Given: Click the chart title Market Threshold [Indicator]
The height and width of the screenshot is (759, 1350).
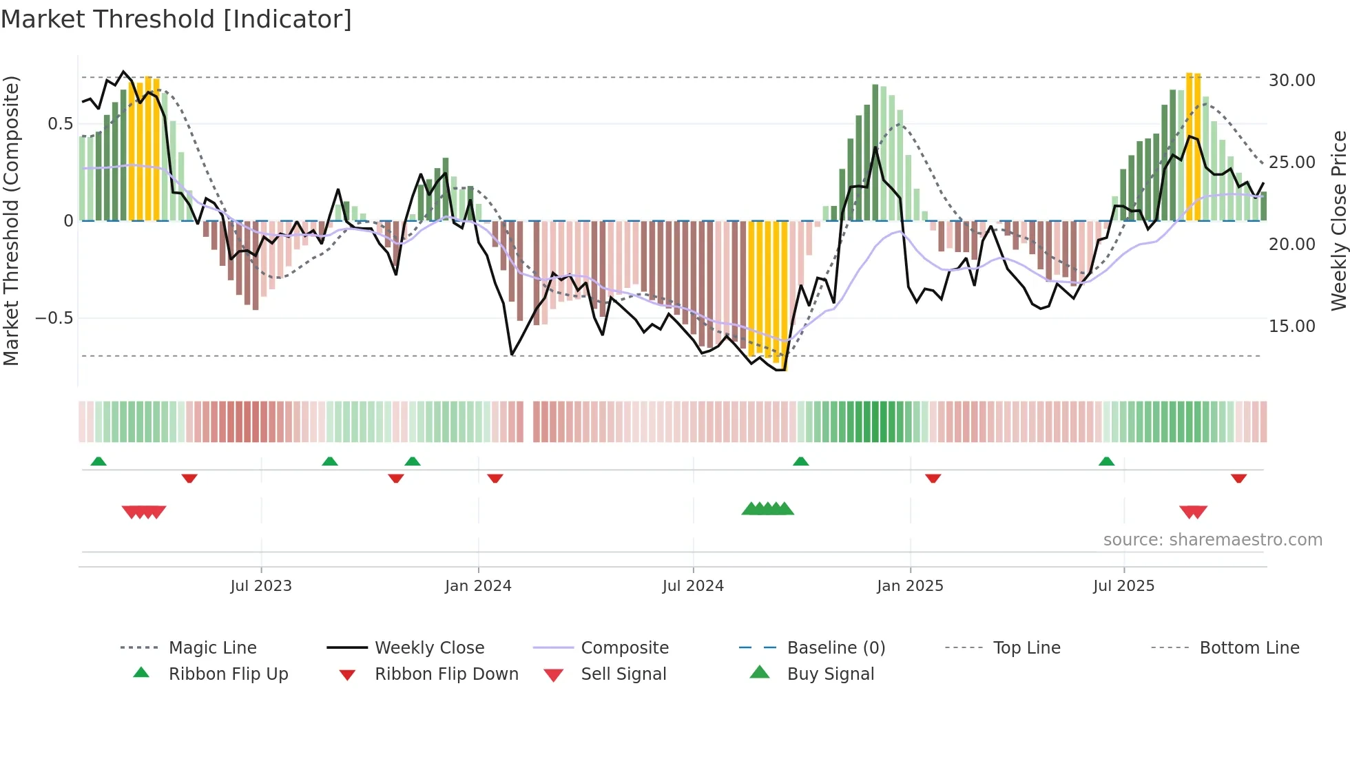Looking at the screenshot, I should point(176,19).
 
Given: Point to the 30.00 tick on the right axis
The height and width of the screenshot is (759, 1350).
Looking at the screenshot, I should point(1291,81).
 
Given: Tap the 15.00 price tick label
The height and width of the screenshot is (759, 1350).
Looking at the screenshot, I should point(1291,326).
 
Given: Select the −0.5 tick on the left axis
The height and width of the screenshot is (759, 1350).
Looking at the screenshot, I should point(54,318).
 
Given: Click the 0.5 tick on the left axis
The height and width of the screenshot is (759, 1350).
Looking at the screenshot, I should point(60,124).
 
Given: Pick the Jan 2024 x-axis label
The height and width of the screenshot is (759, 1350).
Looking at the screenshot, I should point(478,586).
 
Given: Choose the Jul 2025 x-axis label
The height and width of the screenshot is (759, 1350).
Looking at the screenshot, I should point(1123,586).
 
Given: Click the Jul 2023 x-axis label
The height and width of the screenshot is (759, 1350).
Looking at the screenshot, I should point(261,586).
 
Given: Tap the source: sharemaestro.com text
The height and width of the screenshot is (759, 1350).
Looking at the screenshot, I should point(1212,540).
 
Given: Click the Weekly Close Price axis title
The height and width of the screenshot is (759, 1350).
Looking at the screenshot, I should point(1338,220).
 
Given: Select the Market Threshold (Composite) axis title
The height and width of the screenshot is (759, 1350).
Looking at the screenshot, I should point(11,220).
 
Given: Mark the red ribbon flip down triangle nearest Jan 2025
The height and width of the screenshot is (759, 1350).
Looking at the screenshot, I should point(933,478).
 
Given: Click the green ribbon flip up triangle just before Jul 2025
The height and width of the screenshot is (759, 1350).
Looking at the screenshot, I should point(1106,461).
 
